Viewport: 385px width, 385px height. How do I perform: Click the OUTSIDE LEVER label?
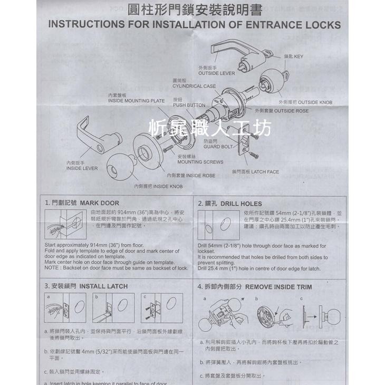click(x=216, y=73)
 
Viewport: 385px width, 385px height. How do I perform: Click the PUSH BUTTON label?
click(x=189, y=105)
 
